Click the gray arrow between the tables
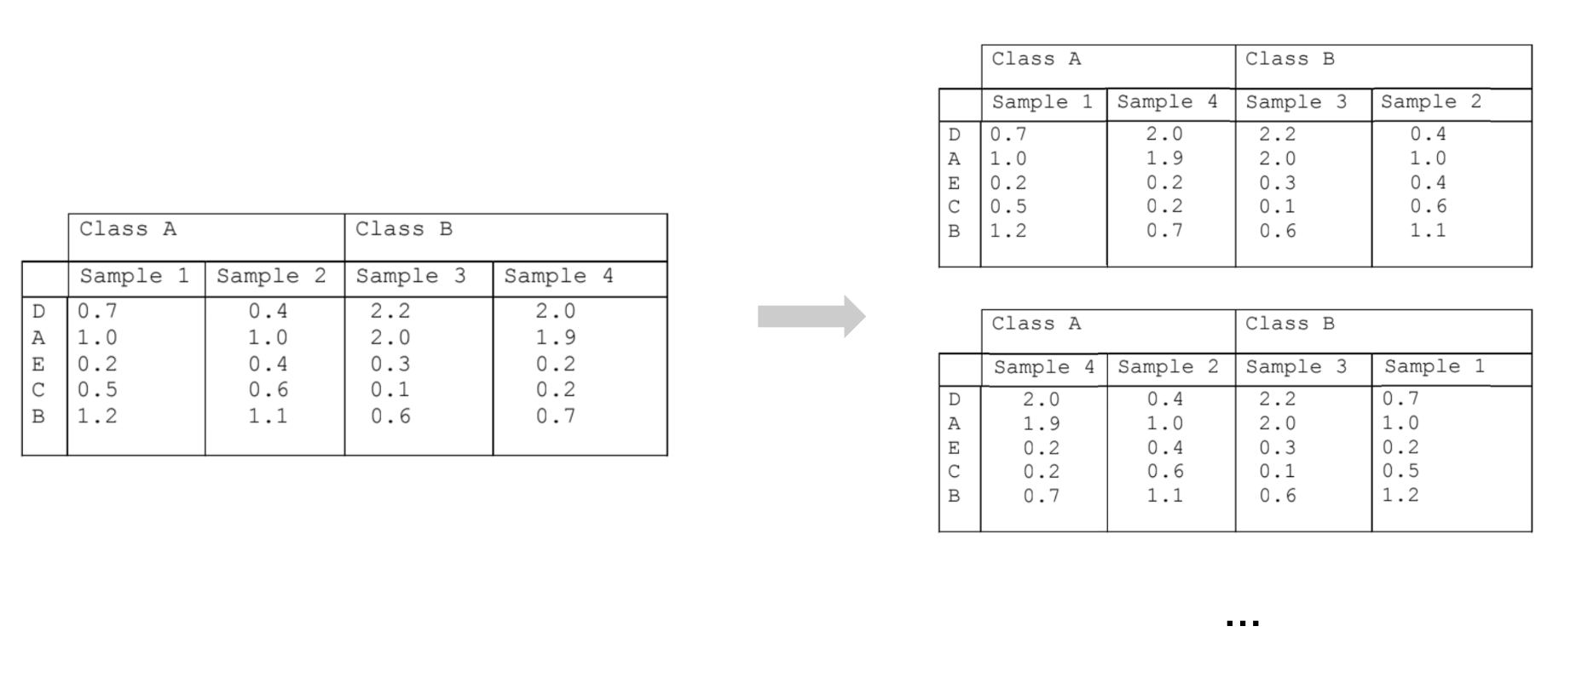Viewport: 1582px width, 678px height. pyautogui.click(x=811, y=317)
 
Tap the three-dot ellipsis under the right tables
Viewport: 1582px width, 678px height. pyautogui.click(x=1242, y=623)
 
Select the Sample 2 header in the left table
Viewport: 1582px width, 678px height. pyautogui.click(x=271, y=277)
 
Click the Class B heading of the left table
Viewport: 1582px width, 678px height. pyautogui.click(x=403, y=229)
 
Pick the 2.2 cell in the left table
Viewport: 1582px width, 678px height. pyautogui.click(x=390, y=312)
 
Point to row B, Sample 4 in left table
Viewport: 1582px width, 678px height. pyautogui.click(x=555, y=417)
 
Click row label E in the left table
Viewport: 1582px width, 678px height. pyautogui.click(x=38, y=365)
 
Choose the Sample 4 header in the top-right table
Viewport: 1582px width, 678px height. pyautogui.click(x=1167, y=102)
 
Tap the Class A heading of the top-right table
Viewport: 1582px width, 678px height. pyautogui.click(x=1036, y=59)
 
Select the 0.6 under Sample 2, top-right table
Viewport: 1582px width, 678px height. pyautogui.click(x=1428, y=206)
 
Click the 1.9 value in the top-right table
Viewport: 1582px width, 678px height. pyautogui.click(x=1164, y=158)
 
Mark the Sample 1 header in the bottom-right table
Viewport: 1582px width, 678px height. pyautogui.click(x=1434, y=366)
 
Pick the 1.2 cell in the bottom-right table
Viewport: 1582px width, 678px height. pyautogui.click(x=1400, y=495)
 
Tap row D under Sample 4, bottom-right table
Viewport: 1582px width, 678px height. pyautogui.click(x=1041, y=399)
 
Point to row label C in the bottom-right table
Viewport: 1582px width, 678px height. pyautogui.click(x=954, y=471)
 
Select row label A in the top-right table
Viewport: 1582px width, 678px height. pyautogui.click(x=954, y=158)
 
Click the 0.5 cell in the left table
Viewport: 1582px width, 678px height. pyautogui.click(x=97, y=390)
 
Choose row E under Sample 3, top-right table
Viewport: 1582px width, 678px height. pyautogui.click(x=1277, y=183)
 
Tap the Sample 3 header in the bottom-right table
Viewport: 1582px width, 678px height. pyautogui.click(x=1296, y=367)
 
